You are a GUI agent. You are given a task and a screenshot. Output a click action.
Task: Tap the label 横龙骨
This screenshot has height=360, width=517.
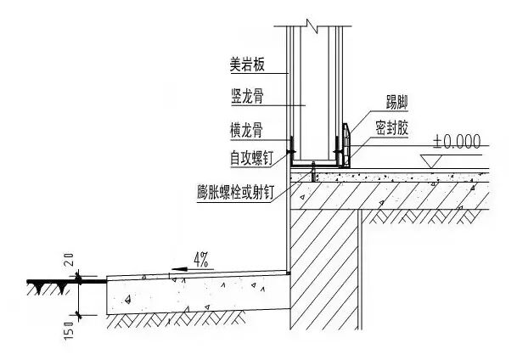click(x=245, y=129)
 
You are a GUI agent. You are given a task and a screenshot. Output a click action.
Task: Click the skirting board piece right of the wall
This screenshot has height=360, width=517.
click(x=346, y=143)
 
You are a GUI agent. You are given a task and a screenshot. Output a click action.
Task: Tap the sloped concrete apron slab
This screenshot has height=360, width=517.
click(x=195, y=292)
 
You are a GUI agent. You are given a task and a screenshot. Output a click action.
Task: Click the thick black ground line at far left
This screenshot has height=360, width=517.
click(x=51, y=280)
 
